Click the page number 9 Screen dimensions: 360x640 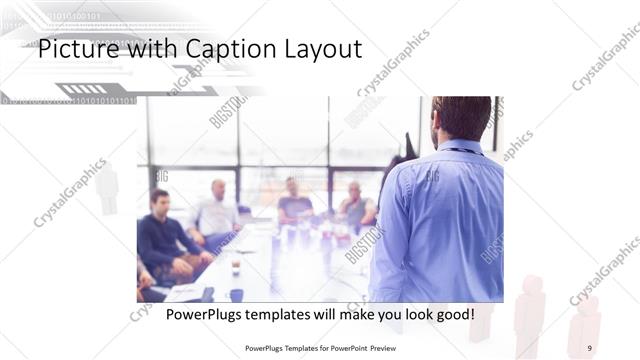(589, 347)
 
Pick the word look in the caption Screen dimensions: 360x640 (411, 314)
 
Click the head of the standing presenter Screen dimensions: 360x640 (461, 118)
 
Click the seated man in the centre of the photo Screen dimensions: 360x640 (294, 200)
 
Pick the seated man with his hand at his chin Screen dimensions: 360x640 (355, 204)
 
